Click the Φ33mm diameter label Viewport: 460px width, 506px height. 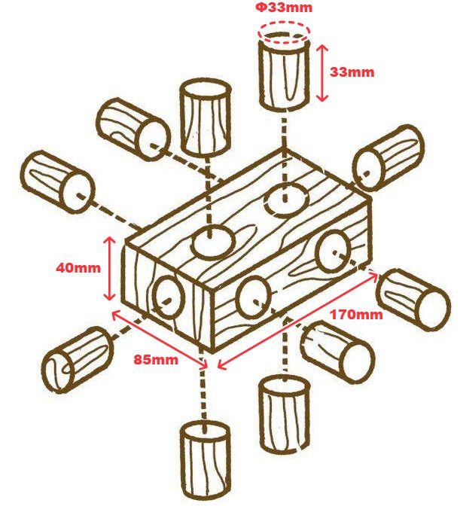pos(284,7)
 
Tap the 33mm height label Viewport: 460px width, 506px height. pos(352,72)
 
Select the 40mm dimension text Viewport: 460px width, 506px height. pos(78,268)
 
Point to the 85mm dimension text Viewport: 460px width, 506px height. pos(156,359)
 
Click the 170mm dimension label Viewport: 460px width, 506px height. pos(356,314)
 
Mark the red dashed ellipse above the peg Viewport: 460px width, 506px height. pos(284,32)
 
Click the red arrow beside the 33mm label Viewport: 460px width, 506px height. pos(322,73)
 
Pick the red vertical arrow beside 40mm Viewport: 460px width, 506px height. pos(110,269)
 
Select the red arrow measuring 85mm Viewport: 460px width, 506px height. pos(160,339)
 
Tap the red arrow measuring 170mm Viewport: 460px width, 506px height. pos(297,321)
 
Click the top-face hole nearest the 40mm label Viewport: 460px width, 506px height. pos(213,242)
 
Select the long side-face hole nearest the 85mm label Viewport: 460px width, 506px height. pos(253,297)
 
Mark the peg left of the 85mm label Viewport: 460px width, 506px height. pos(78,359)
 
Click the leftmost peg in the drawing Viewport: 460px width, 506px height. pos(57,181)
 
